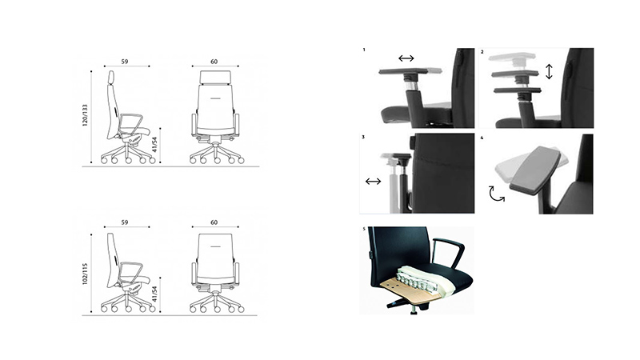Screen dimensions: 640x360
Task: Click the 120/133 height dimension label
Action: (x=85, y=115)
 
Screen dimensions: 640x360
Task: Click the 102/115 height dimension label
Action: (x=85, y=274)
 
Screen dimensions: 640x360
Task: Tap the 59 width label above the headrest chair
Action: (x=125, y=62)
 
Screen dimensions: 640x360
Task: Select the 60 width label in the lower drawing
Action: (x=214, y=222)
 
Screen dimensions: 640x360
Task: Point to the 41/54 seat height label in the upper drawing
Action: (x=154, y=145)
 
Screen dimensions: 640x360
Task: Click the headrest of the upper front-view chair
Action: (x=215, y=77)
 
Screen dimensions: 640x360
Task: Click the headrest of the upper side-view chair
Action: (x=111, y=77)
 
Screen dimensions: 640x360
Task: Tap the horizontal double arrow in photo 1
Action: (x=406, y=58)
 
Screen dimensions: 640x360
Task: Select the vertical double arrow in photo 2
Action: (x=549, y=71)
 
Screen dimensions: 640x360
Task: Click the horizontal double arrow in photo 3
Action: (x=373, y=182)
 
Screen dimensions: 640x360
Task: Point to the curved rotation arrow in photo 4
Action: (x=496, y=194)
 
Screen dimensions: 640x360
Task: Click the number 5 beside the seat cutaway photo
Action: (x=364, y=229)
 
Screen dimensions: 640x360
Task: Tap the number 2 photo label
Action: (x=482, y=52)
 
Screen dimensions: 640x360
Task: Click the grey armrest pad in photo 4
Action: (x=534, y=170)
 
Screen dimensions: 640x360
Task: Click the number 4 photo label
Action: (x=482, y=138)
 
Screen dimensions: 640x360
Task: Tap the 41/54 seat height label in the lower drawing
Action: (x=154, y=294)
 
